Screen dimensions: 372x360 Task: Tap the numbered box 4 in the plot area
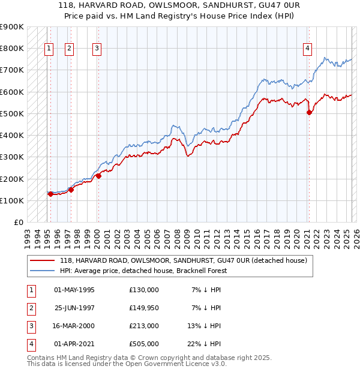coord(307,49)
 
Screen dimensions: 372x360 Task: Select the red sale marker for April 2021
coord(309,112)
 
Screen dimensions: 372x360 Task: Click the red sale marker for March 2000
coord(98,176)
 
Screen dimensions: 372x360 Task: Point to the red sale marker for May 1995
coord(50,194)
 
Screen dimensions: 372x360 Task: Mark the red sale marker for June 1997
coord(71,190)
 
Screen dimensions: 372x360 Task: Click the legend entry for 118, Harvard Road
coord(183,260)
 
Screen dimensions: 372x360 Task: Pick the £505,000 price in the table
coord(144,344)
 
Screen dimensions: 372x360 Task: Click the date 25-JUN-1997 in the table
coord(74,308)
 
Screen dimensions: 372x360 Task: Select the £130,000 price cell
coord(144,290)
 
